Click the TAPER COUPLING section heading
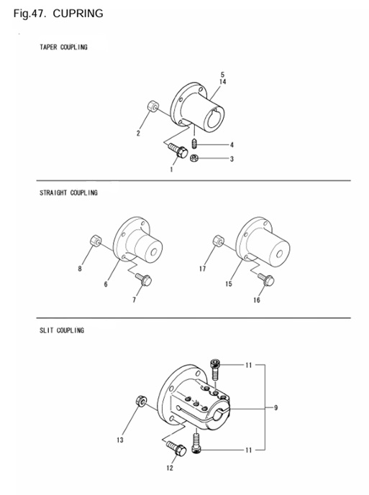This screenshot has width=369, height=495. tap(63, 47)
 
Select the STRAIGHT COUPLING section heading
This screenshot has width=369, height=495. tap(68, 193)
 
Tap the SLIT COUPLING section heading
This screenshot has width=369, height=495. tap(62, 330)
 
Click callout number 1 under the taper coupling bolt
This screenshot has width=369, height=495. tap(171, 170)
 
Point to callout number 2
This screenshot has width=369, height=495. tap(138, 134)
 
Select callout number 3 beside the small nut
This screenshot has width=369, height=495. tap(232, 159)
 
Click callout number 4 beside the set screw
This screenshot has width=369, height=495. tap(232, 144)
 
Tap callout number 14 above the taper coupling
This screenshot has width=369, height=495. tap(223, 83)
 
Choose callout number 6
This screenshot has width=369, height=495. tap(106, 285)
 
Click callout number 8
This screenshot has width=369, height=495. tap(80, 269)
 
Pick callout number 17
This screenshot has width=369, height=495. tap(202, 269)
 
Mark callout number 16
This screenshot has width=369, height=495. tap(256, 300)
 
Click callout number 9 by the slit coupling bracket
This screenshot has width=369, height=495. tap(276, 407)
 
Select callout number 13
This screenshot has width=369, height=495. tap(120, 440)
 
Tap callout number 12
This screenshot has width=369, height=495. tap(170, 468)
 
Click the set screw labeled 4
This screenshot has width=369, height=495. tap(194, 144)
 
